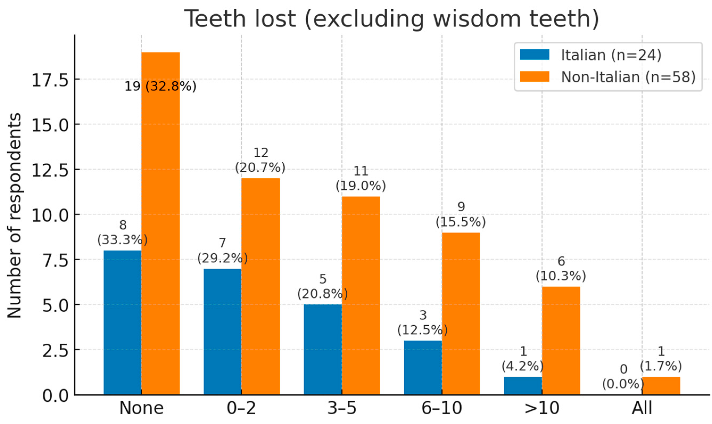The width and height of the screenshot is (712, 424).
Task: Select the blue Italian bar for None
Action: click(x=122, y=323)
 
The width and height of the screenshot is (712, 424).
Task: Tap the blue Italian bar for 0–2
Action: click(x=222, y=331)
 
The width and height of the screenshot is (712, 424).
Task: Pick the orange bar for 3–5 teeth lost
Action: click(x=361, y=296)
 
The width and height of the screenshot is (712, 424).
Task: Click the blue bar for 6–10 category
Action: click(x=423, y=368)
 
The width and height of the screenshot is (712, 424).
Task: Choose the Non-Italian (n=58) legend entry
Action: click(x=608, y=77)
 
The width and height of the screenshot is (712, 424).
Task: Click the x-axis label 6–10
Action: click(x=441, y=408)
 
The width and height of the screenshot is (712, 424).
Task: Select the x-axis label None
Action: click(x=141, y=408)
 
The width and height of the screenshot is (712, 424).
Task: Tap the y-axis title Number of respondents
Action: click(x=14, y=216)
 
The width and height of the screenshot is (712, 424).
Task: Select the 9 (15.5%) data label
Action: click(x=461, y=215)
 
